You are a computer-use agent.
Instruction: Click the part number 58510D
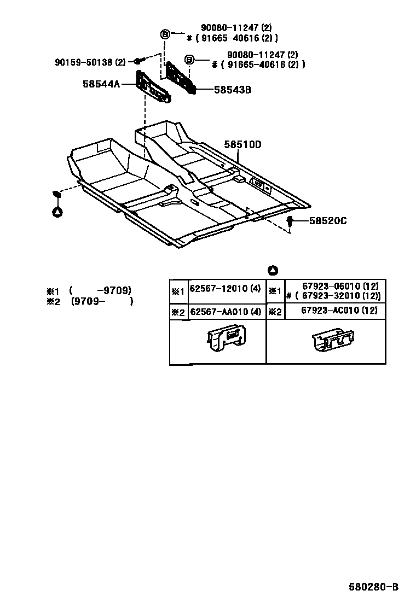[x=242, y=145]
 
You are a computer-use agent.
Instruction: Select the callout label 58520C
[x=328, y=221]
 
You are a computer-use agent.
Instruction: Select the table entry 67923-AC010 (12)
[x=339, y=311]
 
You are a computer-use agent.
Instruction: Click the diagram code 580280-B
[x=374, y=587]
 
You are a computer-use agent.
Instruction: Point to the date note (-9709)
[x=101, y=291]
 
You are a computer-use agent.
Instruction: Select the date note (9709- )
[x=102, y=301]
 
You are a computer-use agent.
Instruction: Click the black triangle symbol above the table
[x=273, y=271]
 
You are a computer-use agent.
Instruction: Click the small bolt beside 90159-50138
[x=137, y=62]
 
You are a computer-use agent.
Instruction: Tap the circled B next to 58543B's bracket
[x=189, y=60]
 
